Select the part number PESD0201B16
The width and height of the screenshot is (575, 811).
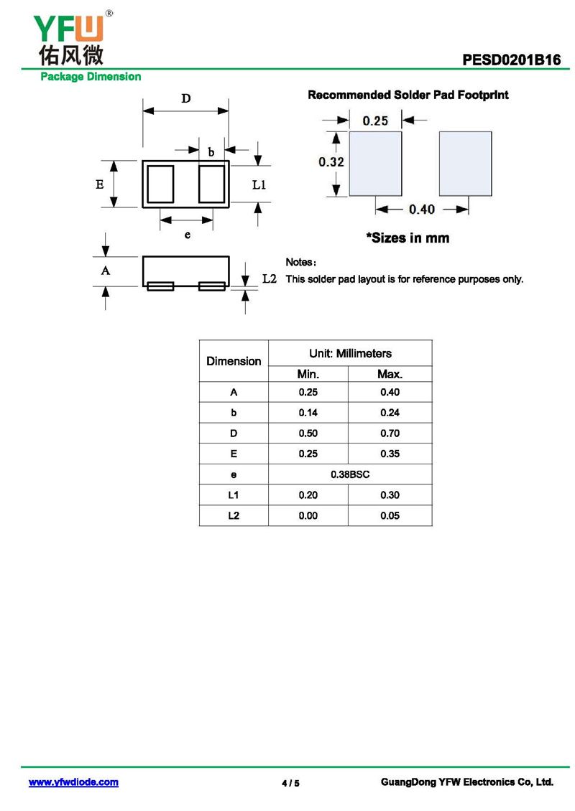(x=511, y=60)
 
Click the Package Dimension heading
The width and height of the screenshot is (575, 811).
(x=91, y=77)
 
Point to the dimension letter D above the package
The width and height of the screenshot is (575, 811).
(x=185, y=99)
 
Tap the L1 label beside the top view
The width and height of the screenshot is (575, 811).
(x=259, y=184)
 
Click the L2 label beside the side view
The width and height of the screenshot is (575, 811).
(x=270, y=278)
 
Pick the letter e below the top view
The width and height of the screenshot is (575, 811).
(x=188, y=235)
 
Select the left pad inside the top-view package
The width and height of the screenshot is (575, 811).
(x=161, y=184)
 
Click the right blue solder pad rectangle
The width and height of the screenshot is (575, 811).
(x=465, y=163)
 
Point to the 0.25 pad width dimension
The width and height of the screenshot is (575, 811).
(x=375, y=121)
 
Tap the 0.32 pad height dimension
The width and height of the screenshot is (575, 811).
(x=331, y=162)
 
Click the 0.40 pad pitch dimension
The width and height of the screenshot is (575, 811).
(x=422, y=209)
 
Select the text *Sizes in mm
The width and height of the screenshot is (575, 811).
(x=408, y=238)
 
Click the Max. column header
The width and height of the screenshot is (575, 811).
(x=390, y=374)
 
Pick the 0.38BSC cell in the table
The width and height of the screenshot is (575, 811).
(x=350, y=474)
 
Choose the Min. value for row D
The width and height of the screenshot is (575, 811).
(x=308, y=433)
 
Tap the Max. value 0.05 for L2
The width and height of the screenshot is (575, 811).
(x=390, y=515)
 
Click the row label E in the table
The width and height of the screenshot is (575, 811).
(x=234, y=454)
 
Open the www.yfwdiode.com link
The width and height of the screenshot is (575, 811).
(x=73, y=782)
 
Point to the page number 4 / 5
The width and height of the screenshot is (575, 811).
(x=290, y=783)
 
